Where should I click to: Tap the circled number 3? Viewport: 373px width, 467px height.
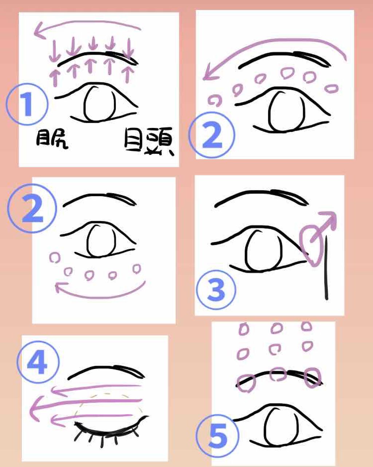tap(216, 290)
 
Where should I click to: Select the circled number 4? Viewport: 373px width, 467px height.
tap(38, 361)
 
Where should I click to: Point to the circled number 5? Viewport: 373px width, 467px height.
tap(217, 436)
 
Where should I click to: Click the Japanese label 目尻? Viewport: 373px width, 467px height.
tap(52, 140)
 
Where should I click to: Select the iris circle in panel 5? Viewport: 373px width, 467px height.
tap(278, 425)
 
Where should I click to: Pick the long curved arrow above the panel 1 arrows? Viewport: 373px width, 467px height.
tap(87, 26)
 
